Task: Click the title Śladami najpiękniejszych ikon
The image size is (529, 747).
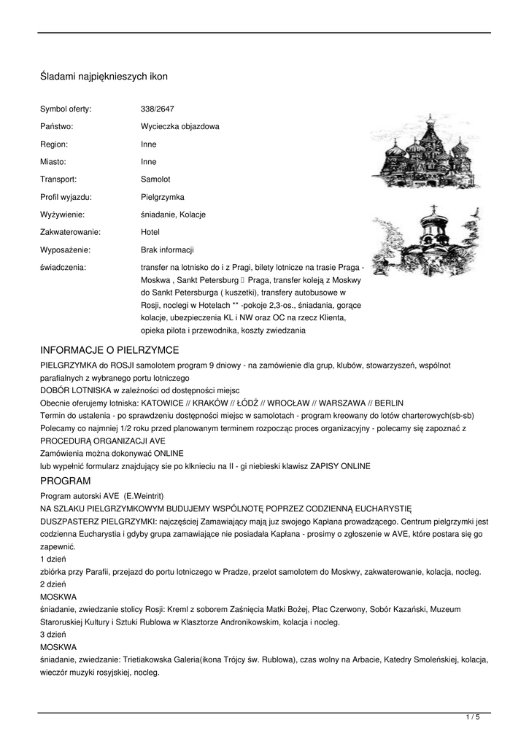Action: [104, 76]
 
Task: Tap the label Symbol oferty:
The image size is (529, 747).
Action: [66, 109]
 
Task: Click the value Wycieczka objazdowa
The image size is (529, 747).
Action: [179, 126]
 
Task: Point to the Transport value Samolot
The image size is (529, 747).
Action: [155, 179]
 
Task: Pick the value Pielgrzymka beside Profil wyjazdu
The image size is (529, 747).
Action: [163, 197]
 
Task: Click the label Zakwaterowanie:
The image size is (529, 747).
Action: [70, 232]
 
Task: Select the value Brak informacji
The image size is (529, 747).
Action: [167, 249]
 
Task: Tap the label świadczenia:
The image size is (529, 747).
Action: [63, 268]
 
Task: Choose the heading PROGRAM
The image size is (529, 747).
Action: [65, 481]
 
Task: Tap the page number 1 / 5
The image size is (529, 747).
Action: [473, 718]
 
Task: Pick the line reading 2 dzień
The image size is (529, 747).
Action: [53, 584]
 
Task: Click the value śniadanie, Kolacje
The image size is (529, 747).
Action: [173, 214]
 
